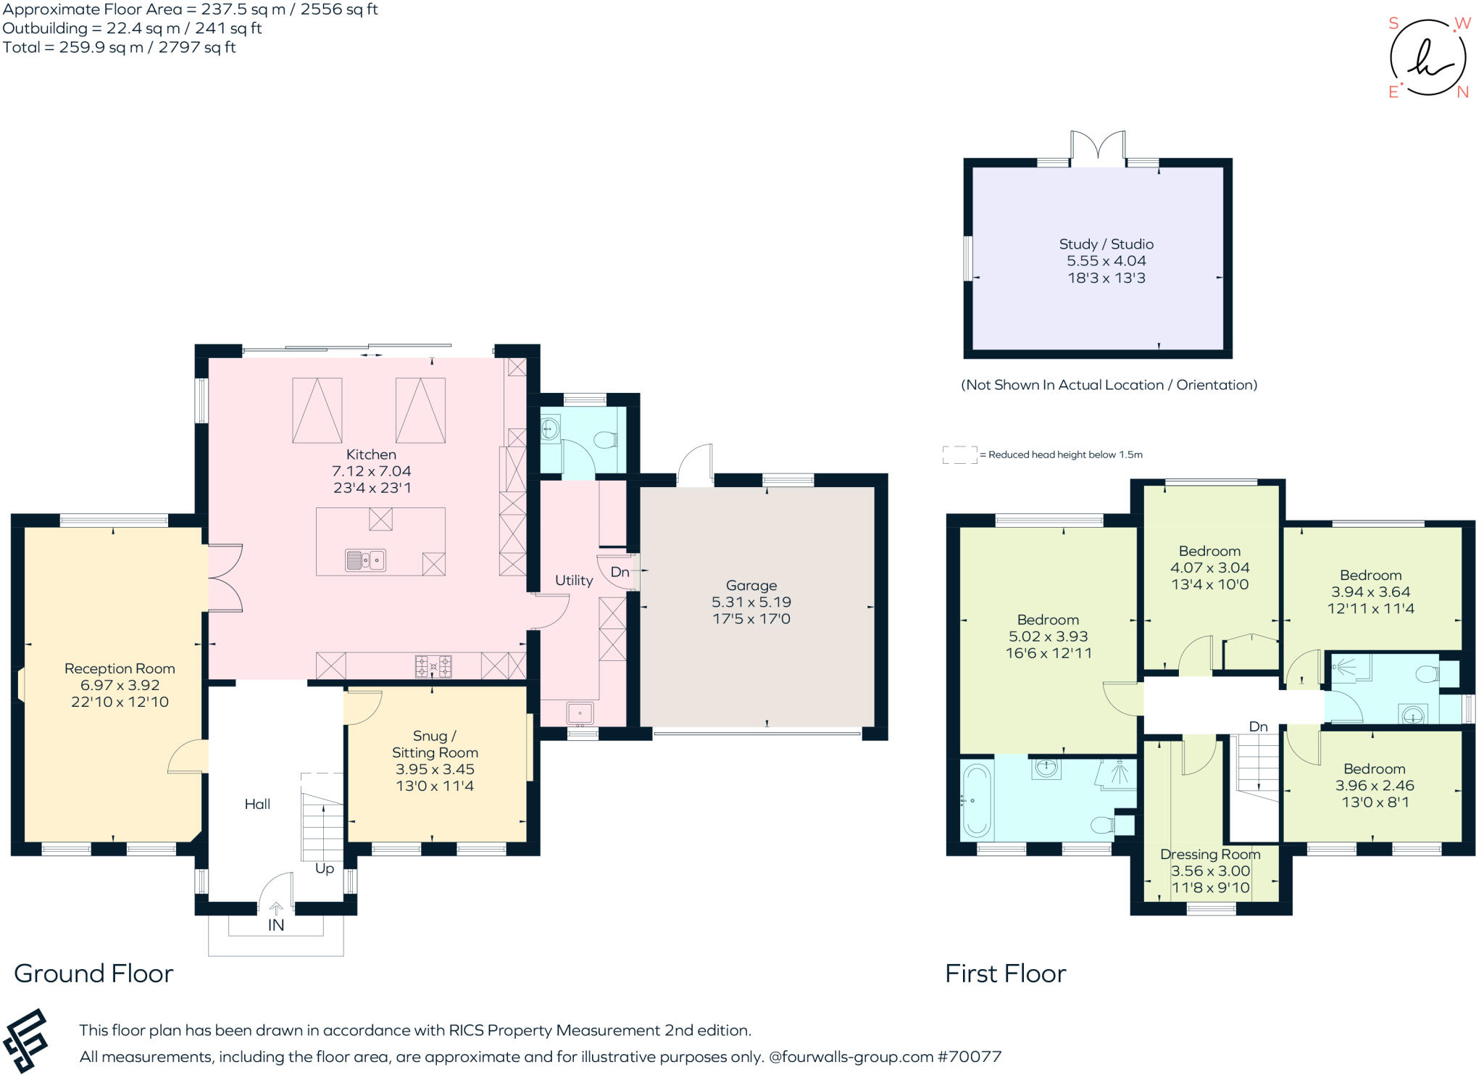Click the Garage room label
pyautogui.click(x=751, y=585)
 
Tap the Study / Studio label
pyautogui.click(x=1106, y=244)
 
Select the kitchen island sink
pyautogui.click(x=365, y=560)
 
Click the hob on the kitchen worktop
pyautogui.click(x=433, y=666)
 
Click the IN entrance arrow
pyautogui.click(x=276, y=908)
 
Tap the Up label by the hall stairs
pyautogui.click(x=325, y=868)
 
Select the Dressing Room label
pyautogui.click(x=1210, y=854)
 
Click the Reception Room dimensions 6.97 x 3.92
pyautogui.click(x=120, y=685)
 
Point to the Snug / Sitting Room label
pyautogui.click(x=435, y=744)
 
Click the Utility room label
pyautogui.click(x=574, y=580)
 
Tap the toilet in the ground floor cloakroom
pyautogui.click(x=604, y=439)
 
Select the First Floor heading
pyautogui.click(x=1005, y=974)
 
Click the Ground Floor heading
pyautogui.click(x=93, y=974)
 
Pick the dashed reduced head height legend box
pyautogui.click(x=960, y=455)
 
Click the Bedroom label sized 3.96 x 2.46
pyautogui.click(x=1374, y=769)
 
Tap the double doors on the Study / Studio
pyautogui.click(x=1099, y=147)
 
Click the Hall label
pyautogui.click(x=257, y=804)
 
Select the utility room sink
pyautogui.click(x=580, y=714)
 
